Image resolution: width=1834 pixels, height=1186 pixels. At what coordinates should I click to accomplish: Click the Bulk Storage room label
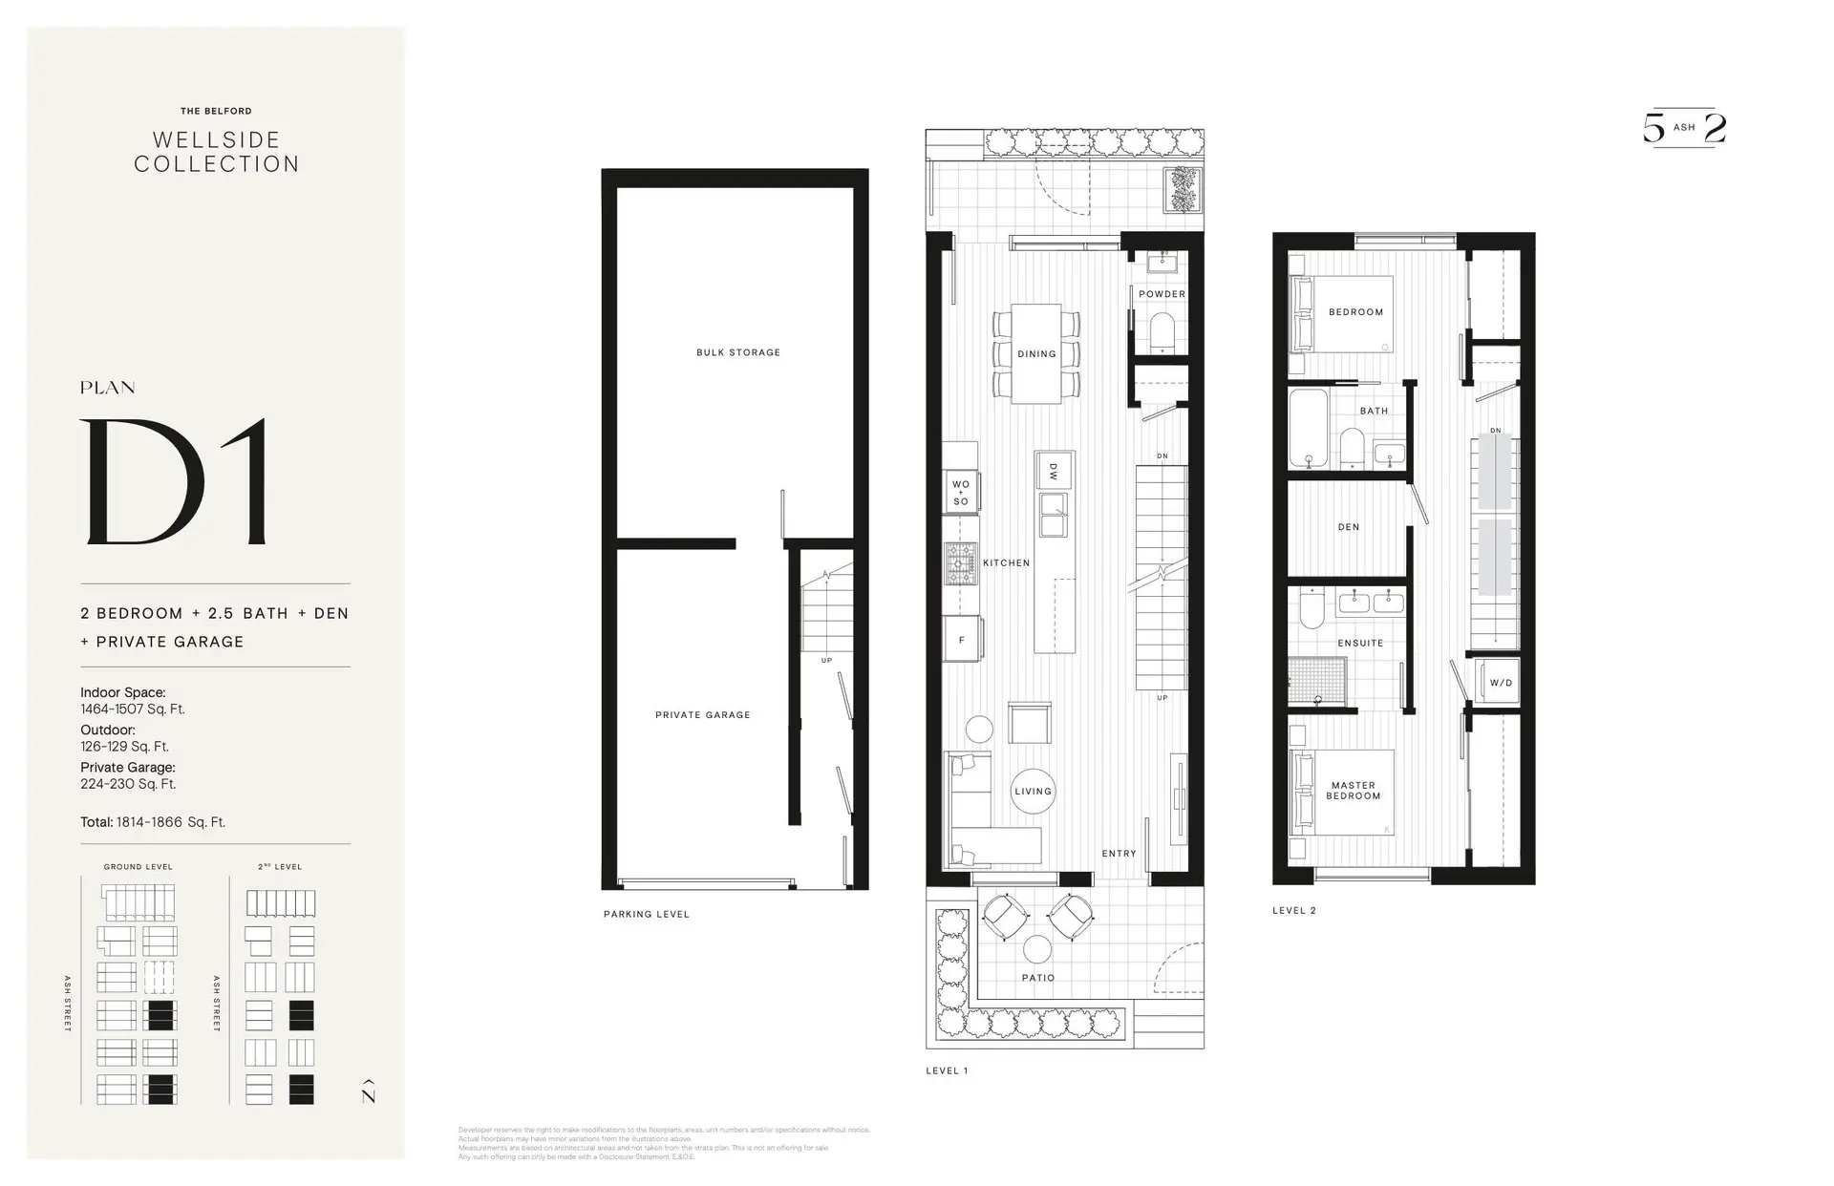tap(738, 352)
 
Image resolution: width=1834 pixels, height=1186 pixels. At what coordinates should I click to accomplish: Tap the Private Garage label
tap(703, 714)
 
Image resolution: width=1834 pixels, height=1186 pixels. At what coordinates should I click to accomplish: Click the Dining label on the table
tap(1036, 354)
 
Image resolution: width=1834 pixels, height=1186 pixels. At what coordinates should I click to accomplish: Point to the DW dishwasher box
tap(1054, 471)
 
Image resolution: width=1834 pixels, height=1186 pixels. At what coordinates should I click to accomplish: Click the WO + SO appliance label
tap(960, 493)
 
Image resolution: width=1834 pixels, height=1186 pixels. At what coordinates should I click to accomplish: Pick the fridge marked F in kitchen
tap(962, 640)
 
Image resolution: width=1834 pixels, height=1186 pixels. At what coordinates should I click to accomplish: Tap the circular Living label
tap(1033, 791)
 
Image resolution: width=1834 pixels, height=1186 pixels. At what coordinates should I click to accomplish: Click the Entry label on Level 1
tap(1119, 853)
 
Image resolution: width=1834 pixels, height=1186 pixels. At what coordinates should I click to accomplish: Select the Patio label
tap(1038, 978)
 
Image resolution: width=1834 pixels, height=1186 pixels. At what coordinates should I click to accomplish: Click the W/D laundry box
tap(1500, 682)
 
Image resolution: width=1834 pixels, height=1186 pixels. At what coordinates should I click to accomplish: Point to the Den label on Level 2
tap(1349, 527)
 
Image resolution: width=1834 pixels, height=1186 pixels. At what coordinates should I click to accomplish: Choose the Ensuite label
tap(1360, 643)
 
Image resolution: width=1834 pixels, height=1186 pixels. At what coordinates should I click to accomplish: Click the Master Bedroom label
tap(1354, 791)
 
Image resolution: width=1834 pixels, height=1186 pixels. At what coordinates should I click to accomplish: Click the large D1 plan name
tap(177, 482)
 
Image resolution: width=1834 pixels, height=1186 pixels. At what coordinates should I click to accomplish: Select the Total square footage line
tap(153, 821)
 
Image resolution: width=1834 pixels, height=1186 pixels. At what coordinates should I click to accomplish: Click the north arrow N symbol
tap(369, 1091)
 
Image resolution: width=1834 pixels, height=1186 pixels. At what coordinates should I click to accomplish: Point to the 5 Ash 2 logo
tap(1684, 128)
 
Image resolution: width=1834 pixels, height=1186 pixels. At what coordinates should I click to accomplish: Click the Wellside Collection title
tap(217, 152)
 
